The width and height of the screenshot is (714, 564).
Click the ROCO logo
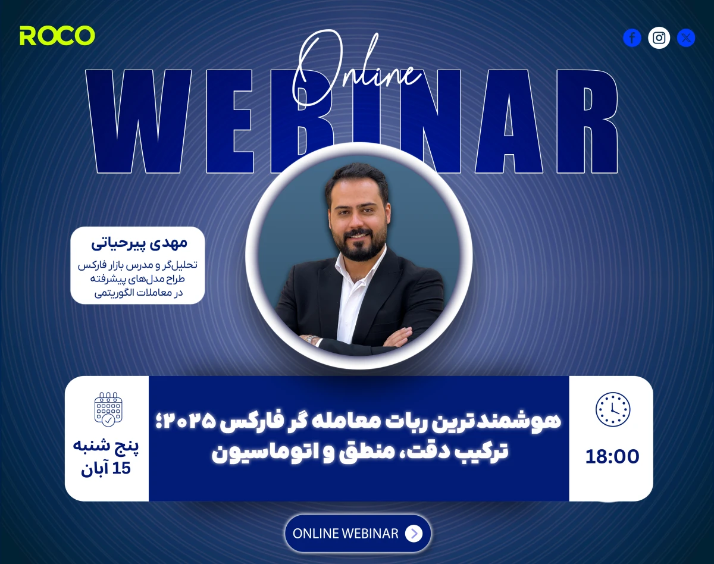click(x=57, y=36)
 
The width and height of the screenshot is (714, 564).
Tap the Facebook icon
click(x=632, y=38)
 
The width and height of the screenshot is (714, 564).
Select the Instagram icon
click(x=659, y=38)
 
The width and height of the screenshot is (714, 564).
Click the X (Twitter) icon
click(x=686, y=38)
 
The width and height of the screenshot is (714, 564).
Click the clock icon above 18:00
click(x=612, y=410)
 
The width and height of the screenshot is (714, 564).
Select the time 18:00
click(x=612, y=456)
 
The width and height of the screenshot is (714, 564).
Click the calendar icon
click(x=108, y=409)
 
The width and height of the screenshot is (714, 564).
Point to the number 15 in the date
click(x=121, y=468)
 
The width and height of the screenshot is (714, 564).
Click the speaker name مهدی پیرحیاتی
click(x=139, y=243)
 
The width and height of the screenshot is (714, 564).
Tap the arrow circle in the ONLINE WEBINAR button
click(x=414, y=534)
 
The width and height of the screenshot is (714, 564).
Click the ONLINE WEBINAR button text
click(x=346, y=534)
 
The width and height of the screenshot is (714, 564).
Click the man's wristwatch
click(x=309, y=339)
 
